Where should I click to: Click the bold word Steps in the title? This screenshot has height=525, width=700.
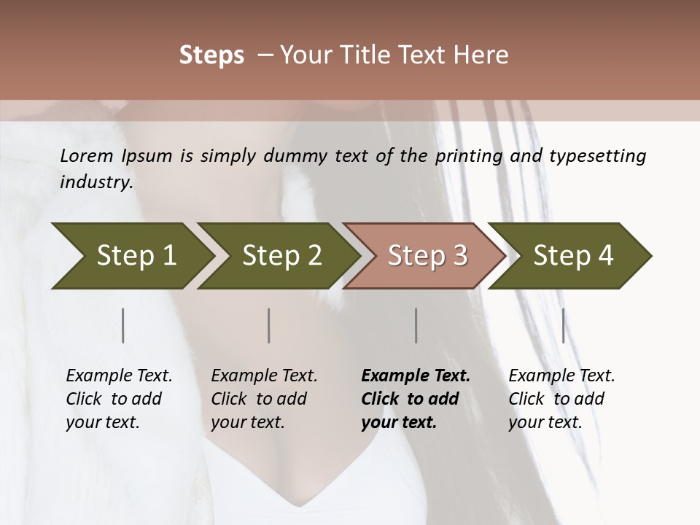(x=211, y=55)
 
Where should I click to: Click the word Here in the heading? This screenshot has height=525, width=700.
(x=482, y=55)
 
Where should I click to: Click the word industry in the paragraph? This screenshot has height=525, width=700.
(x=96, y=182)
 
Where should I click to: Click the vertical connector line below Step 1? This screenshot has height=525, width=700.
(x=123, y=325)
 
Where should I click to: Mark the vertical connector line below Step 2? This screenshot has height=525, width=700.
(x=269, y=325)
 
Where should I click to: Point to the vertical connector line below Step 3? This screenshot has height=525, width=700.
(x=416, y=325)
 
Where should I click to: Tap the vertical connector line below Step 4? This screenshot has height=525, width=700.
(x=563, y=325)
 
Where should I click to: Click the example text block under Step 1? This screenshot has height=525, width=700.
(x=118, y=399)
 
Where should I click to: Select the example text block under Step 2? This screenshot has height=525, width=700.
(x=263, y=399)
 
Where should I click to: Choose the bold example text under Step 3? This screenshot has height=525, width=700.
(x=415, y=399)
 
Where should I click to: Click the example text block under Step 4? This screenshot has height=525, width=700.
(x=561, y=399)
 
